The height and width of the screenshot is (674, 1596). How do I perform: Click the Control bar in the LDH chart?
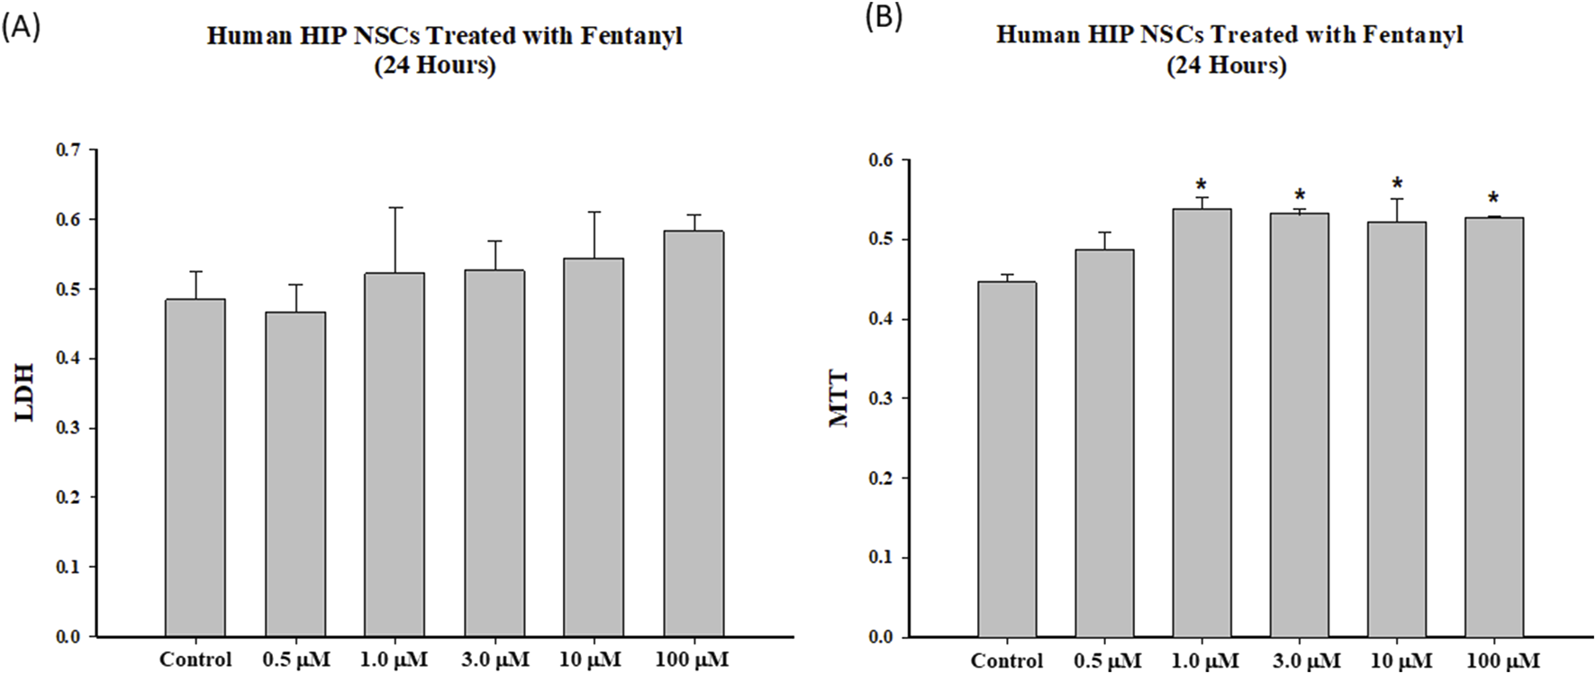tap(195, 469)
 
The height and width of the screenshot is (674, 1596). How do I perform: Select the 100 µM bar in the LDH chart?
tap(694, 433)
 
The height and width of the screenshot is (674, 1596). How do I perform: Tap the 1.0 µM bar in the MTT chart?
tap(1202, 424)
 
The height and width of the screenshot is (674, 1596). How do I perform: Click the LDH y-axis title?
tap(24, 392)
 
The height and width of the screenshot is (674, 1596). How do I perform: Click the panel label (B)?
tap(884, 18)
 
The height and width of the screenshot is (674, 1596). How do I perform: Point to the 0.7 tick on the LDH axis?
tap(68, 150)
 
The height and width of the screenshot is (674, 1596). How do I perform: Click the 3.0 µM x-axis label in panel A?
tap(494, 660)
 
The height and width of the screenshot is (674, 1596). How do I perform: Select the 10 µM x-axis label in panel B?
tap(1401, 661)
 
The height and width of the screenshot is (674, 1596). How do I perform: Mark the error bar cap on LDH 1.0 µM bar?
tap(394, 207)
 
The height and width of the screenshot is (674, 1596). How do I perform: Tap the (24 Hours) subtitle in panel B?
tap(1226, 66)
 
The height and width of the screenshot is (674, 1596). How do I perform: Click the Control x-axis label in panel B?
tap(1006, 661)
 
